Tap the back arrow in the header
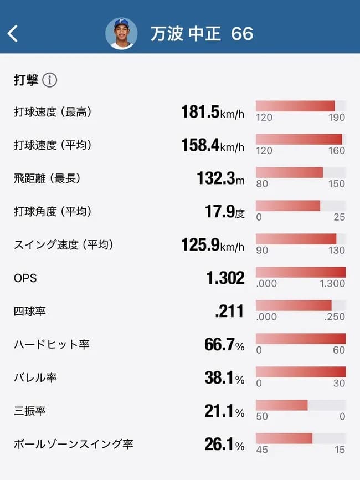tap(13, 33)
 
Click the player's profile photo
tap(121, 33)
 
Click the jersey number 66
tap(242, 34)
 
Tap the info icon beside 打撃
tap(50, 80)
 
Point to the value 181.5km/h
tap(212, 112)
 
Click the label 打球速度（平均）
tap(53, 145)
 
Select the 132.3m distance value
tap(220, 178)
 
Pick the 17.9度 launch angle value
tap(224, 212)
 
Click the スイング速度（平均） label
tap(67, 245)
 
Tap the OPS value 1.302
tap(225, 278)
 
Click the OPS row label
tap(25, 278)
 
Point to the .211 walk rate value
tap(229, 312)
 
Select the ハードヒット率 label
tap(52, 345)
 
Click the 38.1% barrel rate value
tap(224, 378)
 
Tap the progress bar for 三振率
tap(300, 405)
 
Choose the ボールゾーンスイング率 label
tap(73, 445)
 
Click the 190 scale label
tap(336, 118)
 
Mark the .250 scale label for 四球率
tap(334, 317)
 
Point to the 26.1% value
tap(224, 445)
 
